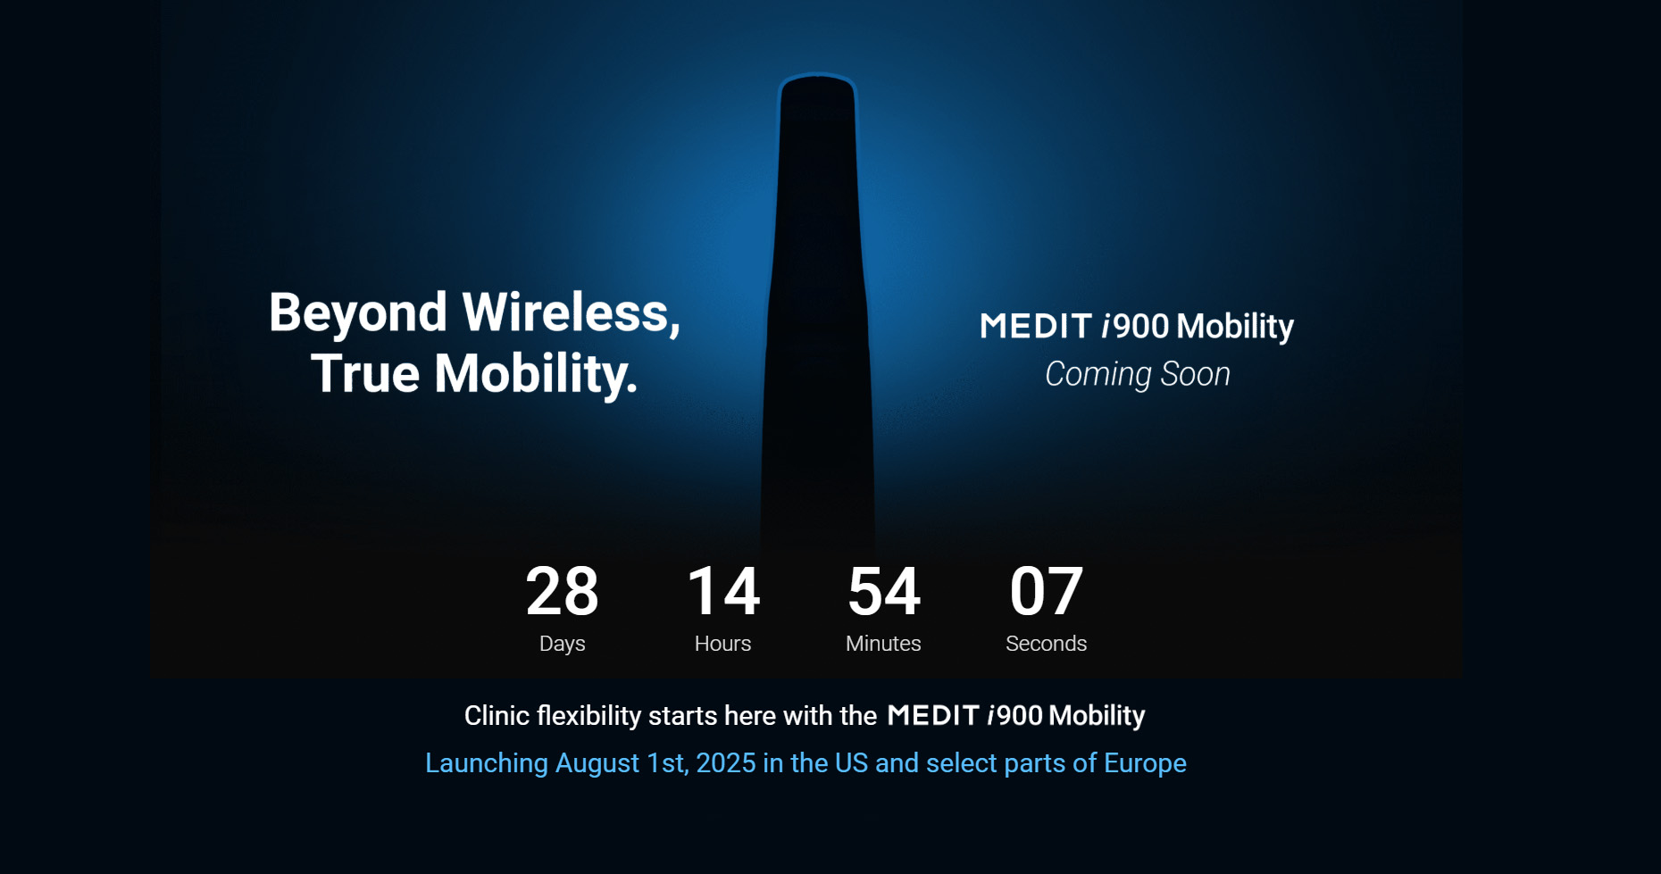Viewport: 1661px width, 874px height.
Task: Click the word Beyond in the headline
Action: point(357,314)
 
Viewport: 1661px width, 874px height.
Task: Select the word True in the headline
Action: point(364,373)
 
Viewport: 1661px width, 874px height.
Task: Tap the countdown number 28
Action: point(562,591)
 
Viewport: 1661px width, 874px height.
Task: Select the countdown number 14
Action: point(723,591)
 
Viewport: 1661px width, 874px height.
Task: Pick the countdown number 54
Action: point(884,591)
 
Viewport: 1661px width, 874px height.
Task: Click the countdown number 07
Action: point(1046,591)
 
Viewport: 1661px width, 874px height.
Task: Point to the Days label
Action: point(562,644)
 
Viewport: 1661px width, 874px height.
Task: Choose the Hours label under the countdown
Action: point(722,644)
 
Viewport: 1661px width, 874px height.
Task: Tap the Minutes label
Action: point(883,644)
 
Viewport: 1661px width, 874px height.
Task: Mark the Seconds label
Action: point(1046,644)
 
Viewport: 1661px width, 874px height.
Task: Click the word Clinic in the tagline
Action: point(497,716)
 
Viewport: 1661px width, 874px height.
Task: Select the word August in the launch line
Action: point(596,763)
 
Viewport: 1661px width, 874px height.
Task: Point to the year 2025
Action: point(725,763)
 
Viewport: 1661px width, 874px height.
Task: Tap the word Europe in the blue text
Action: point(1145,763)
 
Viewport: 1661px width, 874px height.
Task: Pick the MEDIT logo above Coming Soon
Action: point(1036,327)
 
